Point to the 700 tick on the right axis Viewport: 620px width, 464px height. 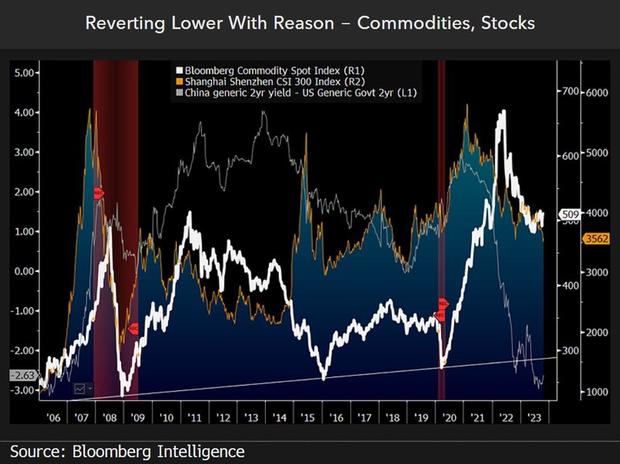pyautogui.click(x=570, y=91)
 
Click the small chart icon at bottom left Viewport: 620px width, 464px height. pyautogui.click(x=80, y=388)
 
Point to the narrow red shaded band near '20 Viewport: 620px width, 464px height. pyautogui.click(x=442, y=232)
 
